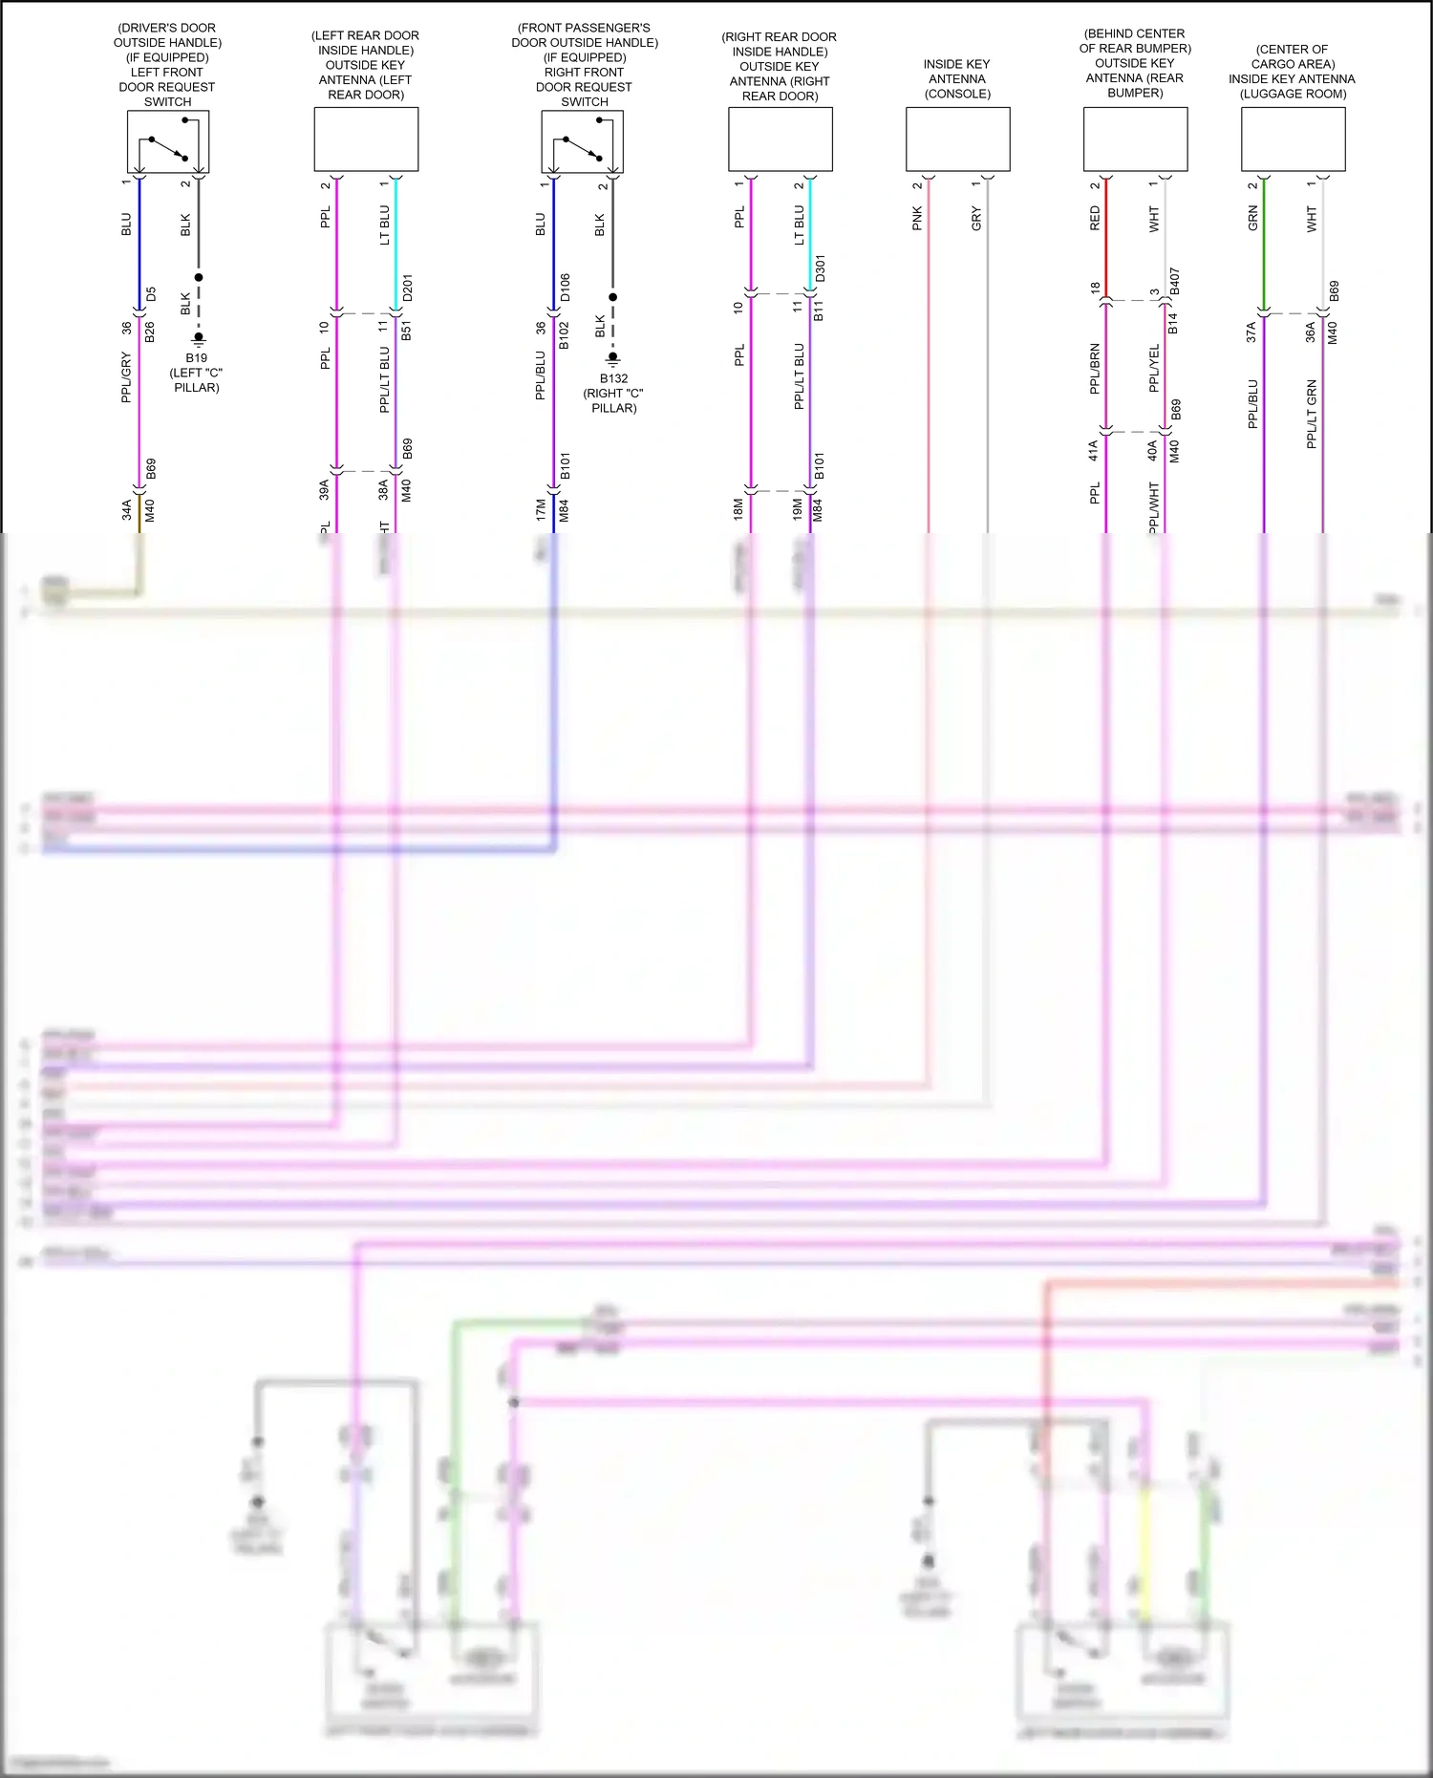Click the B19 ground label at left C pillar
click(196, 358)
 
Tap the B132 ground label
click(613, 378)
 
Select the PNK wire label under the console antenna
click(917, 218)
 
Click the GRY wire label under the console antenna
click(976, 218)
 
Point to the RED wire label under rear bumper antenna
click(1095, 218)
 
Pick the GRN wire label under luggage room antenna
click(1252, 218)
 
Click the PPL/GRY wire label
click(126, 377)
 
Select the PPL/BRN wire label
click(1095, 369)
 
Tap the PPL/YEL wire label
click(1154, 368)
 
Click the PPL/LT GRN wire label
click(1312, 414)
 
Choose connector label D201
click(407, 288)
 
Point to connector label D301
click(820, 268)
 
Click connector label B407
click(1174, 281)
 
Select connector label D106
click(565, 288)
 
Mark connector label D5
click(150, 294)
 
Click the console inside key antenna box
click(957, 139)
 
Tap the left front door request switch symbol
click(168, 141)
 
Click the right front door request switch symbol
click(583, 141)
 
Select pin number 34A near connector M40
click(126, 510)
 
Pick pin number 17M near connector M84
click(541, 510)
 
